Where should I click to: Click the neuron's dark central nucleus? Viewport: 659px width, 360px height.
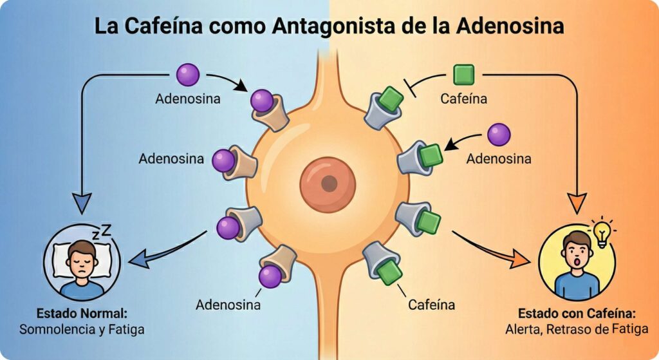coord(329,183)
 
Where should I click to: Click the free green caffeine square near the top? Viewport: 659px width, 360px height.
coord(463,75)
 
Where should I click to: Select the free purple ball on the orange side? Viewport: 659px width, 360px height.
coord(499,135)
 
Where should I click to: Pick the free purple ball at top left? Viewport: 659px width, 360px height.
coord(188,75)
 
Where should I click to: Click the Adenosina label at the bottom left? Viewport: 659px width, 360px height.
coord(228,304)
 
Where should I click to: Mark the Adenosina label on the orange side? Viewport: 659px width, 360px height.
coord(499,158)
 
